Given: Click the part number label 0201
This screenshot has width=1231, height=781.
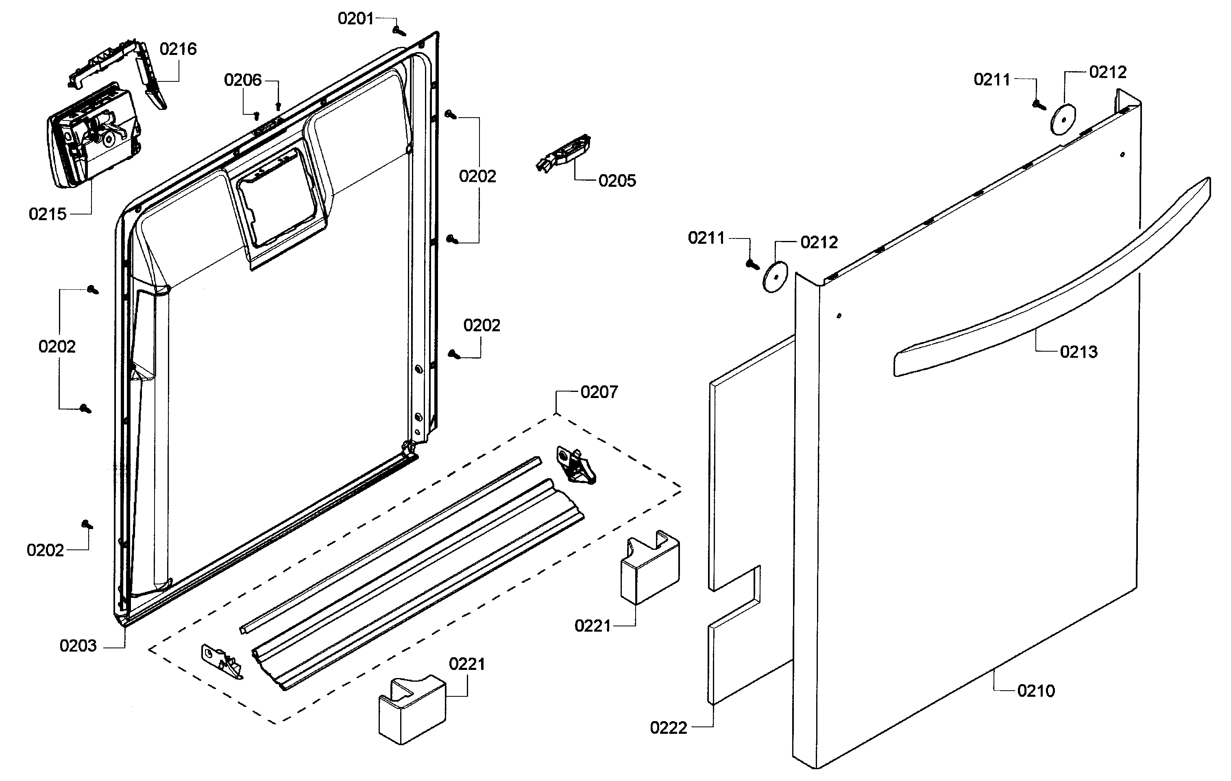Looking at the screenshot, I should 356,19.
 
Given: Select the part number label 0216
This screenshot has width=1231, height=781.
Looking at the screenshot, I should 178,49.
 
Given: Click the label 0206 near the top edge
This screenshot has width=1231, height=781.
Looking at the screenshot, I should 243,80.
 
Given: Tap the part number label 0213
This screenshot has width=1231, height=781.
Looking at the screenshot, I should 1078,352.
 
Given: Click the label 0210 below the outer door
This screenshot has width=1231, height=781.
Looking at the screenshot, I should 1036,691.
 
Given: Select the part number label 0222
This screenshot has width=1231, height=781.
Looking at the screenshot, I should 668,728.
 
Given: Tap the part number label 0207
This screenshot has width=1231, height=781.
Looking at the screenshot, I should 599,392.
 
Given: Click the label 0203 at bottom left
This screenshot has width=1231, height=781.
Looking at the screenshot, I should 78,646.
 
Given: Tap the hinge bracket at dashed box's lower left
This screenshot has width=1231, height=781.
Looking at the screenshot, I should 222,662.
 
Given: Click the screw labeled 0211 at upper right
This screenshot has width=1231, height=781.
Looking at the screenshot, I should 1038,104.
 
